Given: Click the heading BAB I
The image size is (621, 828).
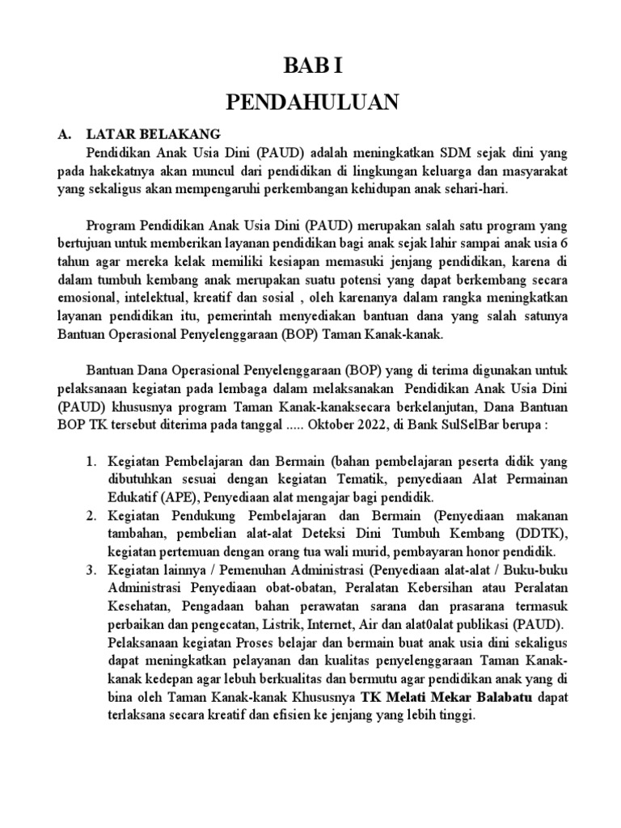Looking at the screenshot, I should tap(310, 65).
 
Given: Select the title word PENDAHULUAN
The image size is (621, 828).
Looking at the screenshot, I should tap(310, 102).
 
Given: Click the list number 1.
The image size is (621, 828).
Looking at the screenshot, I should tap(93, 462).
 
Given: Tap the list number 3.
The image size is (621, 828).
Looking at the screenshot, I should tap(93, 572).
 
